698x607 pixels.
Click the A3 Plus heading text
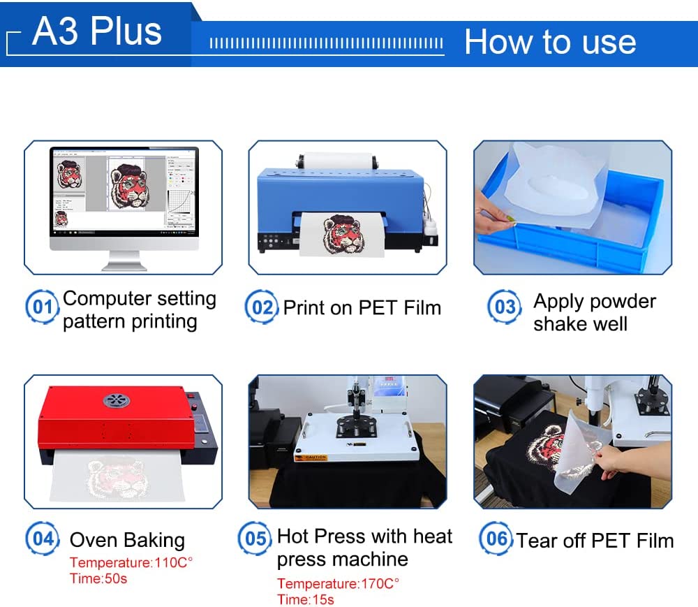pos(97,32)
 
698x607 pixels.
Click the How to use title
pos(550,42)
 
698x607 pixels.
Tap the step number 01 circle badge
pos(42,307)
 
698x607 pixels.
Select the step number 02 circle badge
pos(261,307)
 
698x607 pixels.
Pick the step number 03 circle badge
pos(504,307)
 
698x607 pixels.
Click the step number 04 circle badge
pos(43,539)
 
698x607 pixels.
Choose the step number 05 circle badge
pos(255,539)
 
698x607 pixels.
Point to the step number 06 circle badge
pos(496,539)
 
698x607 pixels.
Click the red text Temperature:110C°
pos(131,563)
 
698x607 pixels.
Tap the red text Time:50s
pos(98,578)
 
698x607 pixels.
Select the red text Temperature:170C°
pos(338,584)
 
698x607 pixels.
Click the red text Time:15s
pos(305,599)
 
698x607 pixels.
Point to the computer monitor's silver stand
pos(124,261)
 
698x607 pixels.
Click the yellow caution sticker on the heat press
pos(315,458)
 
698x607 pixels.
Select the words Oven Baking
pos(127,540)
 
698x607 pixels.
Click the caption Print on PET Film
pos(362,307)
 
